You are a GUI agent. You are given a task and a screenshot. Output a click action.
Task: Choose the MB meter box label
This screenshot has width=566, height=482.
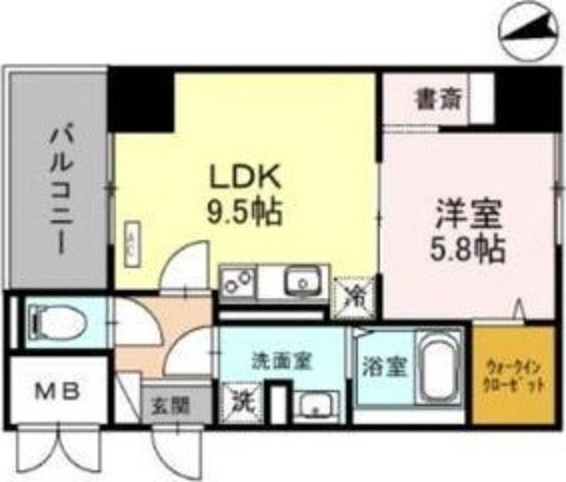[57, 389]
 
